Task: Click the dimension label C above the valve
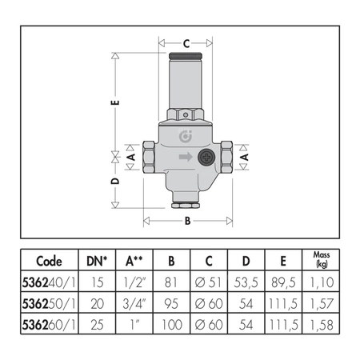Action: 186,43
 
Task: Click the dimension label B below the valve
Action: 188,221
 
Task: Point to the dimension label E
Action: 115,102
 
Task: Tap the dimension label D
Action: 115,181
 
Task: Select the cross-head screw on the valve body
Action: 206,157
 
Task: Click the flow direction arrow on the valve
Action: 186,157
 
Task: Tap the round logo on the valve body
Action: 186,136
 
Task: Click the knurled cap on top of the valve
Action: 186,56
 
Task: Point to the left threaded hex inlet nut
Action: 149,157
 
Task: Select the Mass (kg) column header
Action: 322,259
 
